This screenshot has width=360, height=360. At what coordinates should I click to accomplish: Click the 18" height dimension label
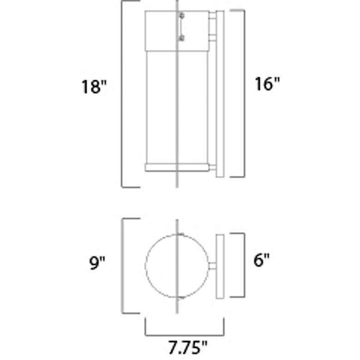(x=95, y=86)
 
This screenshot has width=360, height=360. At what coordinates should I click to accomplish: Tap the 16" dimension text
(x=267, y=84)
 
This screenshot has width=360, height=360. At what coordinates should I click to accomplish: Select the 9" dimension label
(x=97, y=264)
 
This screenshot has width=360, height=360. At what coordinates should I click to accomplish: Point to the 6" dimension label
(x=261, y=260)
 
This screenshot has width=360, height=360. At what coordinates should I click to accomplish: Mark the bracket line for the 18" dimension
(x=122, y=95)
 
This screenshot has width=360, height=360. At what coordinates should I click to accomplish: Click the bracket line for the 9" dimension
(x=122, y=265)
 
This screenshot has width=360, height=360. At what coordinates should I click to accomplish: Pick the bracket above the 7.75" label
(x=185, y=333)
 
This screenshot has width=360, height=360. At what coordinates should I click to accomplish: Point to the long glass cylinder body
(x=162, y=106)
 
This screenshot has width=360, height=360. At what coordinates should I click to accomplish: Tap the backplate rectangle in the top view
(x=220, y=265)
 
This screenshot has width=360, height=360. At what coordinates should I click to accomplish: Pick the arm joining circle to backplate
(x=212, y=266)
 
